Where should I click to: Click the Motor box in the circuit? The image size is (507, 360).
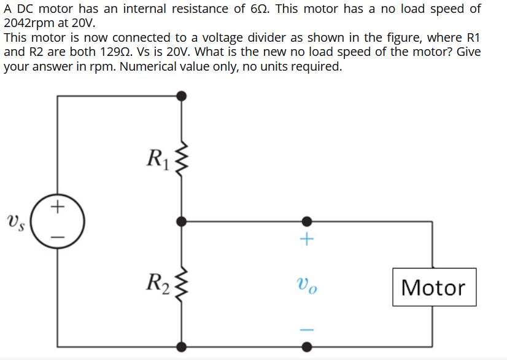434,287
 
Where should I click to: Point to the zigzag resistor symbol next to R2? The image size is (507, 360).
181,284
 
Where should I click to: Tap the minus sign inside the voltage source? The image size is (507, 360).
58,235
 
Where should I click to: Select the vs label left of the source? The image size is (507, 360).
15,221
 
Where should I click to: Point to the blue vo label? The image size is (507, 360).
307,285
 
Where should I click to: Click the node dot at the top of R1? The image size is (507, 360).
181,96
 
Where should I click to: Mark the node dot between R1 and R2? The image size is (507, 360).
181,221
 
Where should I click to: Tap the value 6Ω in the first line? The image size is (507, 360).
254,9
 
